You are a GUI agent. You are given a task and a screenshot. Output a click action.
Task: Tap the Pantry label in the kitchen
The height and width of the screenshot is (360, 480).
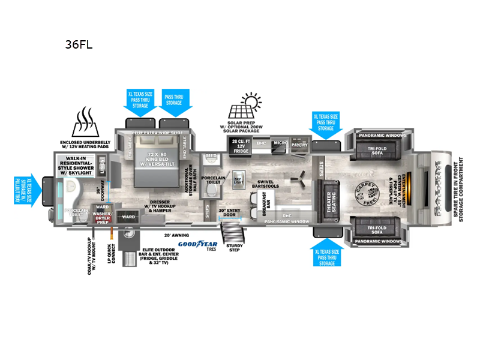pos(299,145)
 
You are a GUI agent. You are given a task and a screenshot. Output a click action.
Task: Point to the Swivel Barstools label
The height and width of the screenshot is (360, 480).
pos(268,184)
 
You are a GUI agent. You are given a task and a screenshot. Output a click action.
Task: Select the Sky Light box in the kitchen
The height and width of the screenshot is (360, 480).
pos(238,180)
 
